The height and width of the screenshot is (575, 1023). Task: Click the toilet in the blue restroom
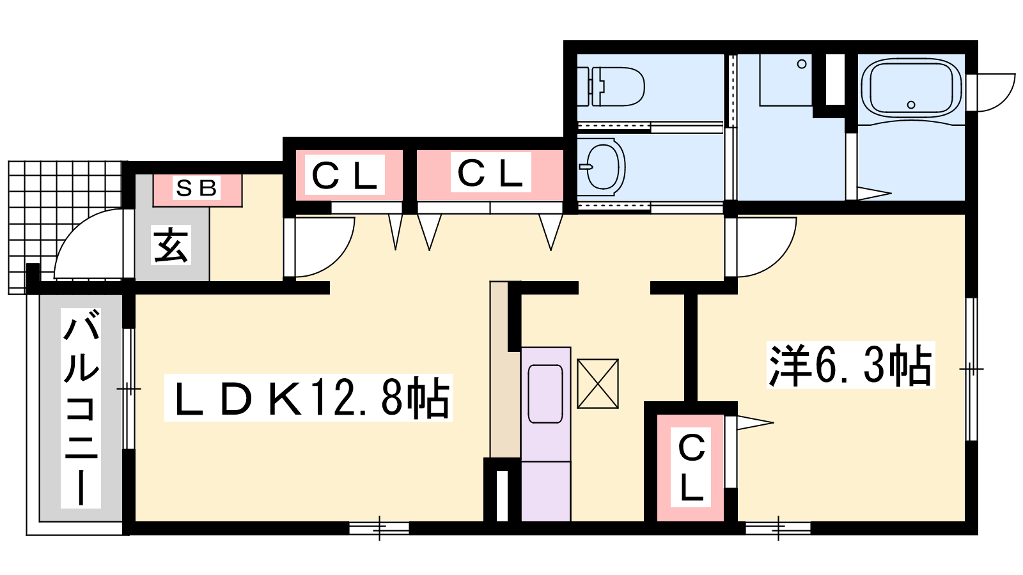(611, 87)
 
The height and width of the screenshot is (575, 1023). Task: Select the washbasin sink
(602, 166)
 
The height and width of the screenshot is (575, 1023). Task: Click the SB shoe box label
(196, 188)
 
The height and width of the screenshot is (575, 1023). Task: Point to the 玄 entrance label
(171, 245)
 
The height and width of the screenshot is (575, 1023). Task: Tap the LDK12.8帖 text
(308, 397)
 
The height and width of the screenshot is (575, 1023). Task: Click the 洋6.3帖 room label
(850, 365)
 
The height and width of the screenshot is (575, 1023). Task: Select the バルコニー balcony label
(81, 408)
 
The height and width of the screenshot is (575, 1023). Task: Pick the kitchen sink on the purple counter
(545, 394)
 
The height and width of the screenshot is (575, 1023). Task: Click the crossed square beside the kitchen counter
(598, 384)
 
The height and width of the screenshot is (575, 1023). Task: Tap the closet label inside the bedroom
(691, 467)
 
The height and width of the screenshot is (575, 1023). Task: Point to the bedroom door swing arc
(776, 259)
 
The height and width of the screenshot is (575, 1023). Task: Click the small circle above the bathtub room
(802, 65)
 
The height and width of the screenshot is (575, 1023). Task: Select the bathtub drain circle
(911, 105)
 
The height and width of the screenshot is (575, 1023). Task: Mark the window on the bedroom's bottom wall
(778, 528)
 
